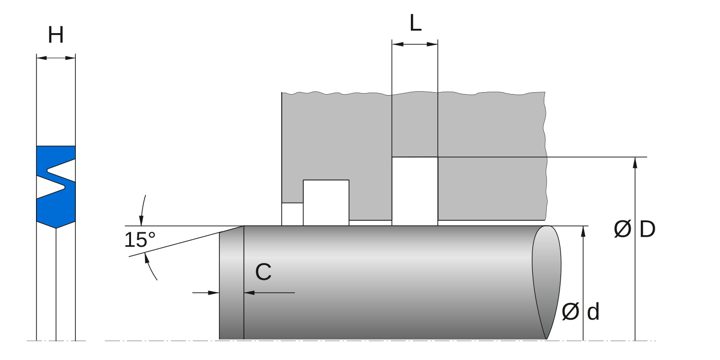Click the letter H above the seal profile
coord(56,36)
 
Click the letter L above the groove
coord(415,24)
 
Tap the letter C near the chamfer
coord(263,273)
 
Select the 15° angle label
coord(140,240)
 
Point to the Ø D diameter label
coord(635,230)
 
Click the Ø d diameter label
coord(581,312)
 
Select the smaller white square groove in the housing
coord(326,202)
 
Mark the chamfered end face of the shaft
coord(231,283)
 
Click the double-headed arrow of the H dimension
coord(56,58)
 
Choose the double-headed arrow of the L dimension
coord(415,44)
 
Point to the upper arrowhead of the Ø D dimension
coord(635,162)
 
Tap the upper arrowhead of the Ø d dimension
coord(583,231)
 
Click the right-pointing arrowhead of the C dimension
coord(214,292)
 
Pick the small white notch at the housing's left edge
coord(292,214)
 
